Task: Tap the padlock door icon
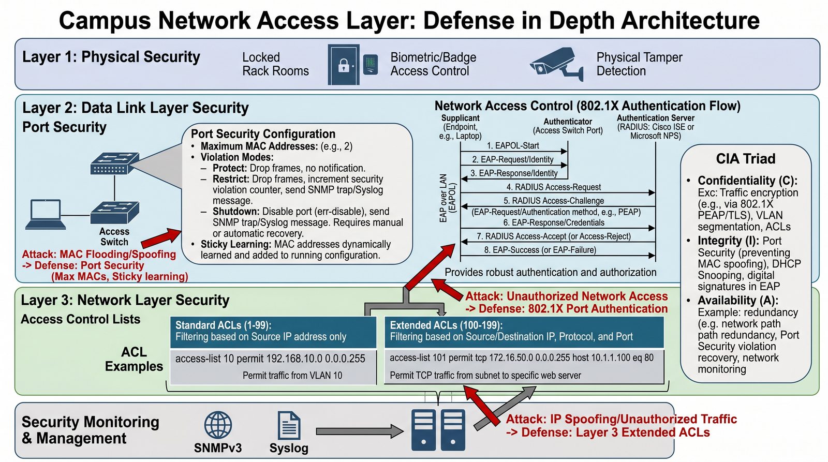pos(344,65)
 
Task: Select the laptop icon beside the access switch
pos(46,214)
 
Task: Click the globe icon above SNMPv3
pos(218,425)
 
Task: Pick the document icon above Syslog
pos(289,425)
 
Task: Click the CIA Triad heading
pos(746,158)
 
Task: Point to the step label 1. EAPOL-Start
pos(513,145)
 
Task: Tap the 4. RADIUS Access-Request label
pos(553,187)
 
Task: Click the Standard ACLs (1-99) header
pos(223,325)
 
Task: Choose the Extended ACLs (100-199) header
pos(446,325)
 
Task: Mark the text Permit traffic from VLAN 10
pos(292,376)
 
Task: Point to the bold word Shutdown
pos(236,212)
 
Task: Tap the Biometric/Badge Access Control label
pos(433,64)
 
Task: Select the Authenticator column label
pos(567,122)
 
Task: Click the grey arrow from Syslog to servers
pos(360,431)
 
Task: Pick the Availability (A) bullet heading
pos(738,300)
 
